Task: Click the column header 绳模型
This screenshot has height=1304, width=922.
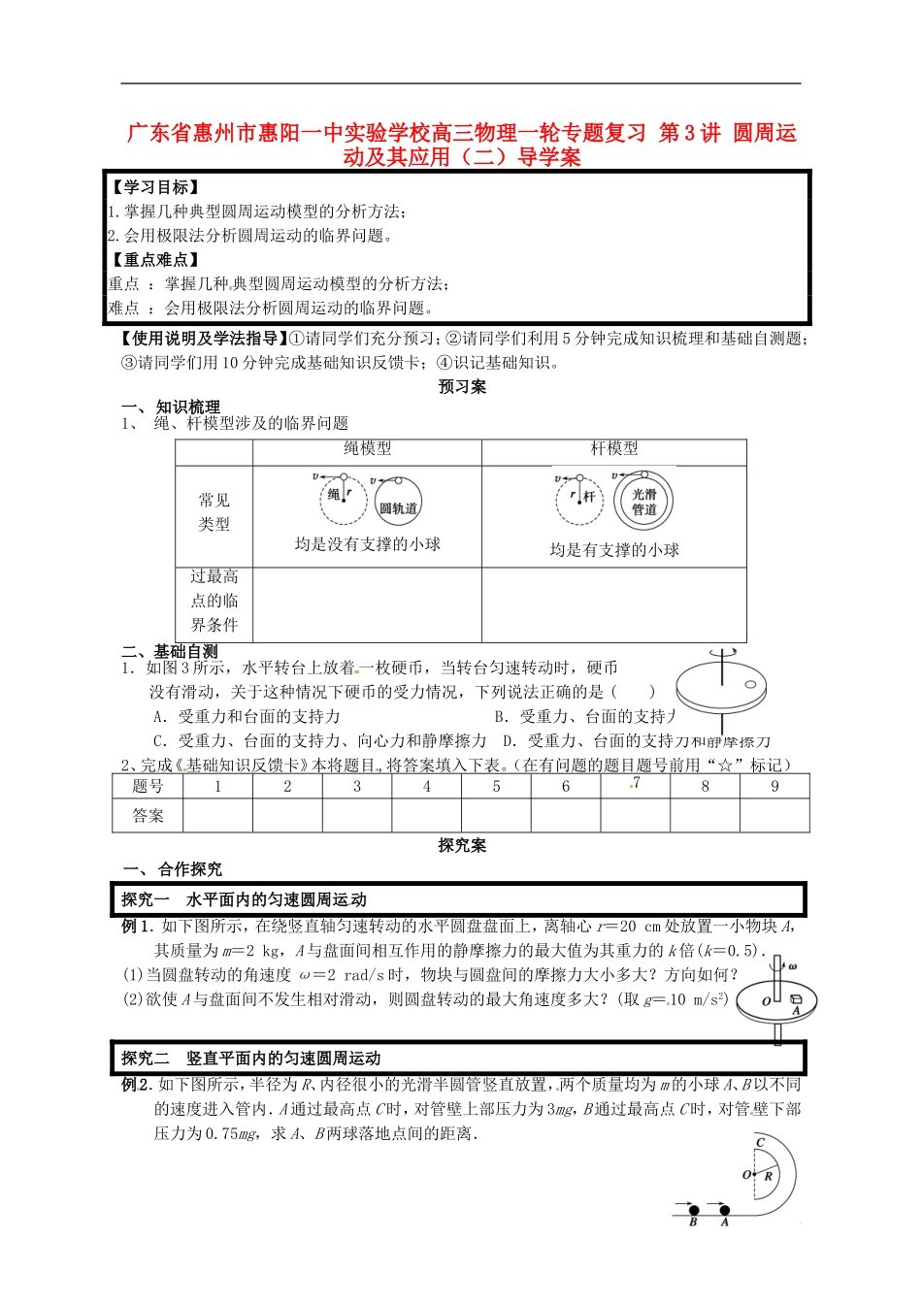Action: click(x=367, y=448)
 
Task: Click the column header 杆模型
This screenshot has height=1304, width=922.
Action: click(x=614, y=448)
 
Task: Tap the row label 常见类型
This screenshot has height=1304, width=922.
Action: click(x=214, y=512)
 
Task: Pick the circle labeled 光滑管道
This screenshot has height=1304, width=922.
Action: click(x=643, y=502)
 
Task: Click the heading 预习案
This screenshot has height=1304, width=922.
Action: click(x=462, y=386)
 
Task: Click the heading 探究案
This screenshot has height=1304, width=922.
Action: click(x=462, y=845)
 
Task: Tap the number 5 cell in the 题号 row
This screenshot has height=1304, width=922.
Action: click(x=496, y=786)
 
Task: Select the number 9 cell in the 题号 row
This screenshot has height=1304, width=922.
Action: click(x=774, y=786)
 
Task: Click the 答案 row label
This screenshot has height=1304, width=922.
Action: click(x=148, y=816)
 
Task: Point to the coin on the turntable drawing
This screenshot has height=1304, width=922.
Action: click(x=750, y=686)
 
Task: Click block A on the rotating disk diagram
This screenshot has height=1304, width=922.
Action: click(x=795, y=1000)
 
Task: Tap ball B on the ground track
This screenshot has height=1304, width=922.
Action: click(x=694, y=1210)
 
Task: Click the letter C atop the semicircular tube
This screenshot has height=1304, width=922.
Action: click(x=760, y=1143)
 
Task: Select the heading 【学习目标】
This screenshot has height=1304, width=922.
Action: click(x=155, y=187)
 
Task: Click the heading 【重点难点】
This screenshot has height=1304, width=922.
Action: click(x=155, y=260)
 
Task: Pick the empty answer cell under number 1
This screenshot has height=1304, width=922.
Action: click(x=217, y=816)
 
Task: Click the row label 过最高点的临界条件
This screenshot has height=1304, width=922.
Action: click(x=214, y=602)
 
